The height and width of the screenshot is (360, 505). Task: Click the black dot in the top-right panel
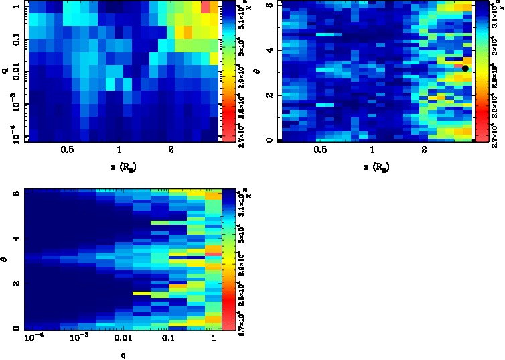465,68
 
